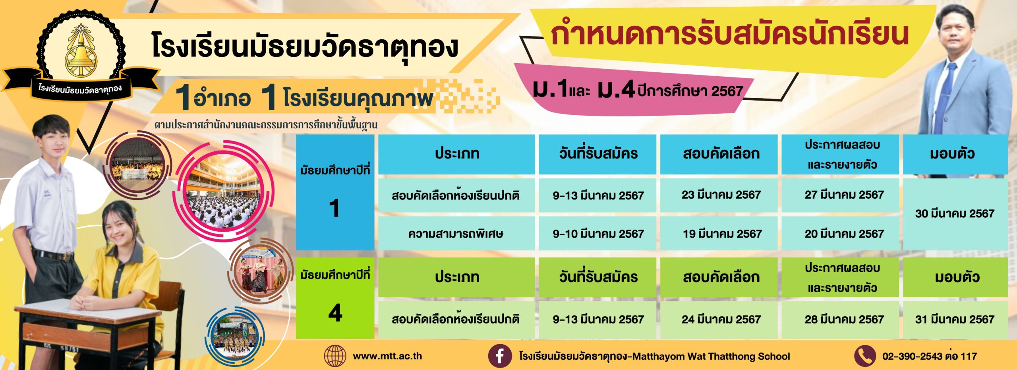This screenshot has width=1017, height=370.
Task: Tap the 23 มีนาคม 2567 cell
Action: tap(719, 195)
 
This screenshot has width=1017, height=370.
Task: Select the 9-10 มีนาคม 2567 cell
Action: tap(597, 233)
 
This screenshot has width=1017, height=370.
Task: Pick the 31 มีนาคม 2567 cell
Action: tap(955, 320)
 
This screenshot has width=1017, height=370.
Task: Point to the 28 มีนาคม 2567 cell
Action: tap(840, 320)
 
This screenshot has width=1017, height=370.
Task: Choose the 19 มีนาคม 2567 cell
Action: tap(719, 233)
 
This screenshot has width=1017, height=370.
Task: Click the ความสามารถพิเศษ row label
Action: tap(456, 234)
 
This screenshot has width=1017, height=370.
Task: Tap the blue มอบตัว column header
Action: tap(955, 154)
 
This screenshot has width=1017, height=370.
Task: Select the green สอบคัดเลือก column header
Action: tap(719, 277)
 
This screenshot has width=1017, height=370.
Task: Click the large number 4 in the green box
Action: tap(335, 313)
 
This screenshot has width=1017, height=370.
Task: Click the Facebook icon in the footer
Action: tap(499, 356)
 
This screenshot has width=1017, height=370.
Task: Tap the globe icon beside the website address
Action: tap(335, 356)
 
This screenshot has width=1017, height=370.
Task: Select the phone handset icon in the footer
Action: tap(864, 356)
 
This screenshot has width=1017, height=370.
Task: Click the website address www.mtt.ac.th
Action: tap(387, 356)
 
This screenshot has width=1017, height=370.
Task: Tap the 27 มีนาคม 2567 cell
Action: tap(840, 195)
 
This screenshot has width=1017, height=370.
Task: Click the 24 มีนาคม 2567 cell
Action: tap(719, 320)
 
